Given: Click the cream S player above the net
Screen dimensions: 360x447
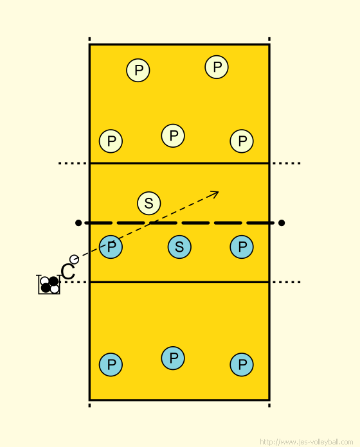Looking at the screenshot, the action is (x=149, y=203).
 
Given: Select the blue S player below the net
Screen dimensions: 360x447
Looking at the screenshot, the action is (x=179, y=247).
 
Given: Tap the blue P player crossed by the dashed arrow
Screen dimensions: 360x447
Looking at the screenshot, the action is (x=111, y=247).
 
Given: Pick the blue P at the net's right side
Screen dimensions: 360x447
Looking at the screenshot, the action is (x=242, y=247).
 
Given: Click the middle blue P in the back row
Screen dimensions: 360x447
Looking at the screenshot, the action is (x=173, y=358).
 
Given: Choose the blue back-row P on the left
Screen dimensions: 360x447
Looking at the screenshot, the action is (x=111, y=365).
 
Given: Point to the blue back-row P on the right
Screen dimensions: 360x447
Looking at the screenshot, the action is (x=242, y=365).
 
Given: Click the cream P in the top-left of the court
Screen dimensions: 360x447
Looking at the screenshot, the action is (x=138, y=70).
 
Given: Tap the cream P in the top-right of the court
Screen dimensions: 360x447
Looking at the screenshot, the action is (x=217, y=67).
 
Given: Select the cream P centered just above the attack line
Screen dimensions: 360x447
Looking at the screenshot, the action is (x=173, y=136).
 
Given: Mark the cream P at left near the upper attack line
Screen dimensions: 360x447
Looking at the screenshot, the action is (x=111, y=141).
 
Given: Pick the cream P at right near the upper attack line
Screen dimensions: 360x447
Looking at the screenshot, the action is (x=242, y=141).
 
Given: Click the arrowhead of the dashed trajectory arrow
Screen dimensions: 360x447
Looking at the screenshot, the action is (x=218, y=192).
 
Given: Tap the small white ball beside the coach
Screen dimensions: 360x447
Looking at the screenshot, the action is (x=74, y=259).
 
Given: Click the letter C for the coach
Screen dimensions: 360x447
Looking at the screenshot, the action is (x=68, y=272).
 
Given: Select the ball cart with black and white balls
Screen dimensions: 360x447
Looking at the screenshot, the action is (x=49, y=285).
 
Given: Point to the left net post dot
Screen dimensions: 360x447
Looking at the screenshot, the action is (x=78, y=223).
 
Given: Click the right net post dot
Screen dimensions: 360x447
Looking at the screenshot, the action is (x=282, y=223).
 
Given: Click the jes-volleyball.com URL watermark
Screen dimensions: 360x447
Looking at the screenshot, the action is (x=307, y=442).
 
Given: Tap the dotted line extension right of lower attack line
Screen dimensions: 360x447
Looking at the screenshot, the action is (x=286, y=282).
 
